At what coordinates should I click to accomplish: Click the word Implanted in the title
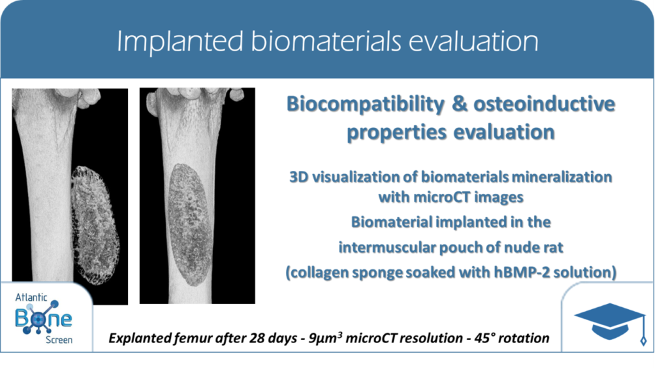[x=180, y=42]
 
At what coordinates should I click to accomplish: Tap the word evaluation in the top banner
[x=473, y=41]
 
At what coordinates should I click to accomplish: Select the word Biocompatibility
[x=365, y=104]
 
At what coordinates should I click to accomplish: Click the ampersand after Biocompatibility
[x=459, y=104]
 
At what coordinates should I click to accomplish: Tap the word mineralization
[x=562, y=177]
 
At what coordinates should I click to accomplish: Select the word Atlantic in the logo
[x=31, y=298]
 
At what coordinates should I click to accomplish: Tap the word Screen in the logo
[x=59, y=340]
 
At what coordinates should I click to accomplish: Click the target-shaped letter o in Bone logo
[x=38, y=319]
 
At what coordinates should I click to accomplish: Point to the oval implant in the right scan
[x=191, y=225]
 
